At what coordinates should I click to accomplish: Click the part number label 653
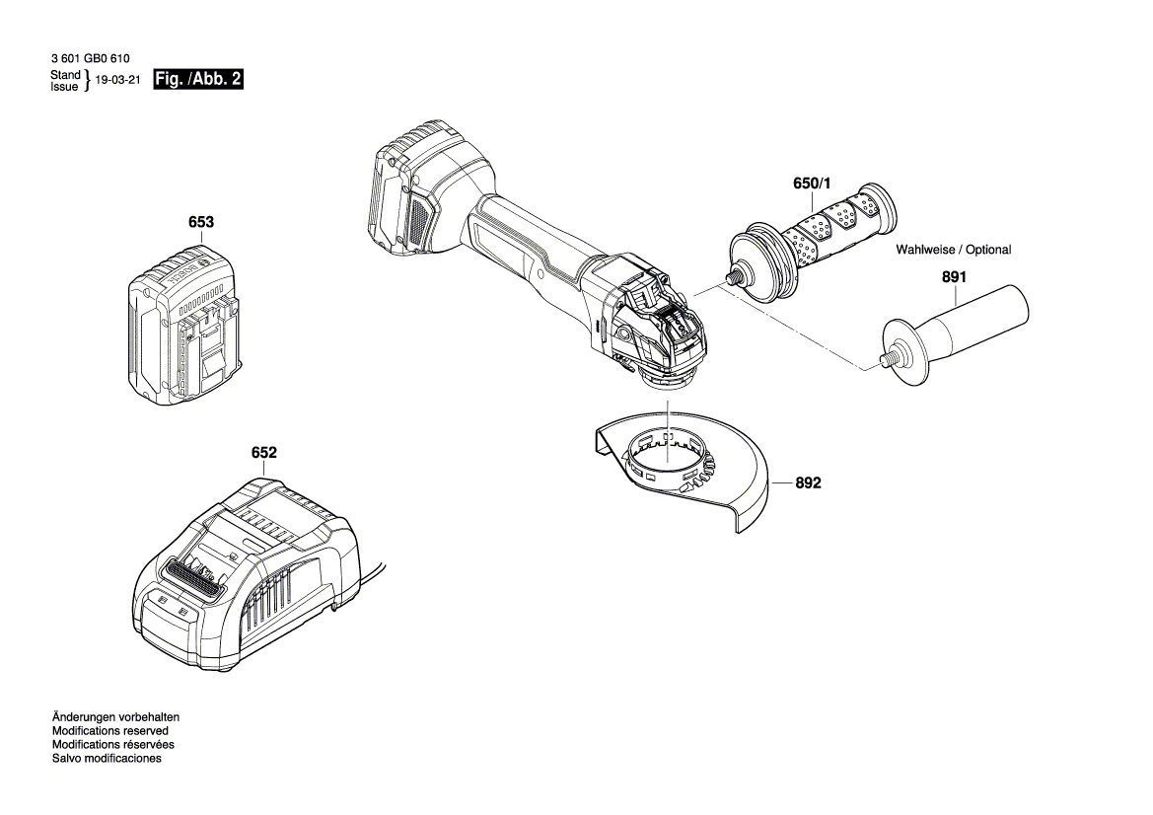[x=200, y=223]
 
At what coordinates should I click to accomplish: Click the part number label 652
[x=263, y=453]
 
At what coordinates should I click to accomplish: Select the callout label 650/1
[x=813, y=185]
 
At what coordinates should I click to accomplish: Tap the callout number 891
[x=953, y=278]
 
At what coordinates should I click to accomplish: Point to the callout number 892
[x=807, y=483]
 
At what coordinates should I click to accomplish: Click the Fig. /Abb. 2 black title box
[x=197, y=80]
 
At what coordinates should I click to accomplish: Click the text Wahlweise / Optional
[x=953, y=250]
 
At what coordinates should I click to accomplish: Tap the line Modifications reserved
[x=109, y=730]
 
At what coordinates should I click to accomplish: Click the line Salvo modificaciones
[x=106, y=758]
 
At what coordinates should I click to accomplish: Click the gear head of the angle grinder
[x=656, y=326]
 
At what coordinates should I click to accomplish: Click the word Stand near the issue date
[x=65, y=75]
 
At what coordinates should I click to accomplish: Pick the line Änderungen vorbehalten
[x=114, y=716]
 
